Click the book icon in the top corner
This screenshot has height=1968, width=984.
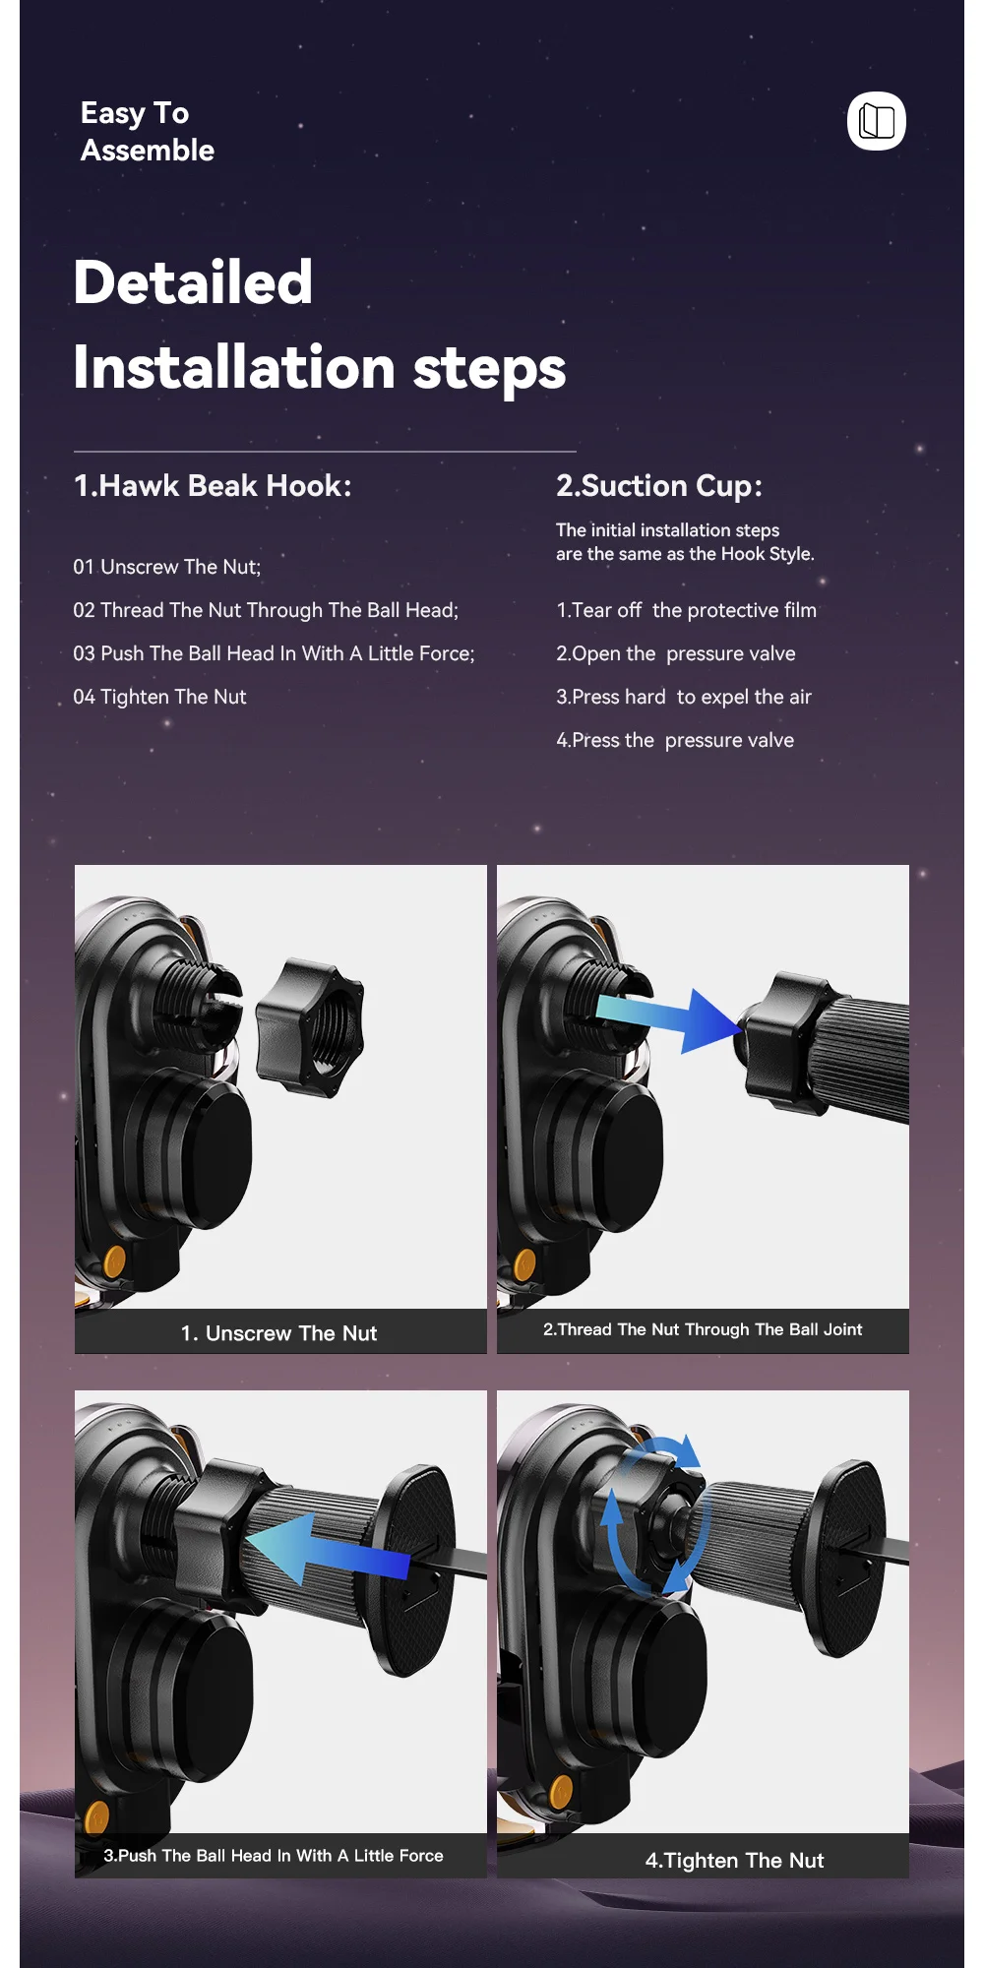[x=877, y=121]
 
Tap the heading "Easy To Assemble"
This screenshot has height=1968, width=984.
[x=148, y=131]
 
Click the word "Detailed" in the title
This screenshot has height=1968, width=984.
[x=193, y=282]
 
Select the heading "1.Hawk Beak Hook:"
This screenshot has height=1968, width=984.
[x=213, y=485]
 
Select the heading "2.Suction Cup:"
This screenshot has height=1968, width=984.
[x=659, y=486]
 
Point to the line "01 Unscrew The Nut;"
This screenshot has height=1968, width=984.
[x=167, y=567]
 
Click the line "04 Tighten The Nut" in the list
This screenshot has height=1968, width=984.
[x=159, y=697]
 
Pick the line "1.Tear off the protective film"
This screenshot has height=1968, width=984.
[x=686, y=610]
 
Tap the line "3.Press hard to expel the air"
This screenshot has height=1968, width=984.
[x=684, y=697]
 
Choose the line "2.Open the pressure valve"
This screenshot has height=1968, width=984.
[x=676, y=653]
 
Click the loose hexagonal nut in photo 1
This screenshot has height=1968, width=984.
[x=310, y=1027]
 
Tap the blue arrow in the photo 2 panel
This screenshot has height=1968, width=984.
[x=667, y=1018]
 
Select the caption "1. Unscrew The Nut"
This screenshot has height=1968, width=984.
[x=278, y=1333]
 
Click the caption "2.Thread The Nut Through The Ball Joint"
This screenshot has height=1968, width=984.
[x=703, y=1329]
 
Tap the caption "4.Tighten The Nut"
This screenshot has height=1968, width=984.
[x=734, y=1860]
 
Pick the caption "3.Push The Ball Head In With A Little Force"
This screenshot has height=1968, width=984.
[x=274, y=1855]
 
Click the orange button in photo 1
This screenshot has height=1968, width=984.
[x=115, y=1261]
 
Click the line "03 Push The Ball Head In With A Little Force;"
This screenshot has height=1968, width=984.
[x=274, y=653]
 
